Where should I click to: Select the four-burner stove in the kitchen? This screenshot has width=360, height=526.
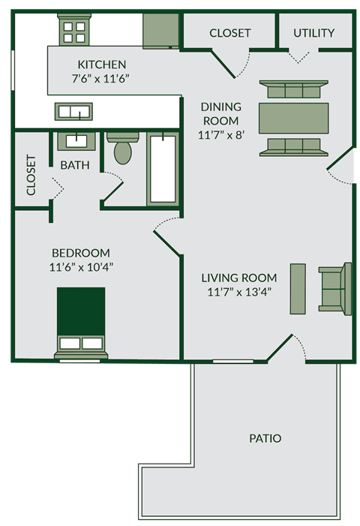(x=74, y=30)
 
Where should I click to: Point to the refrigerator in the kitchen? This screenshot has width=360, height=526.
(x=160, y=31)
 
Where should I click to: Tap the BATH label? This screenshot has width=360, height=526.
(x=74, y=164)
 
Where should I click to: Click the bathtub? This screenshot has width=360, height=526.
(x=163, y=168)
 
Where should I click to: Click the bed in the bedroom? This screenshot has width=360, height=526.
(x=80, y=321)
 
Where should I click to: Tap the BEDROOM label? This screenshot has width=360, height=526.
(x=80, y=253)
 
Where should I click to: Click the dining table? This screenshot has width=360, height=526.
(x=293, y=119)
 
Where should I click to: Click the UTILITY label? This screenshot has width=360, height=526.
(x=313, y=33)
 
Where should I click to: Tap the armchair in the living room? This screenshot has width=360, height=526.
(x=334, y=288)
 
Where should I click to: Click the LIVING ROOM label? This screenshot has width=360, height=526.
(x=238, y=278)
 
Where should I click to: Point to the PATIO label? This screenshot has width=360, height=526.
(x=265, y=437)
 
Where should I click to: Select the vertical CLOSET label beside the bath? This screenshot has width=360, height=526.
(x=31, y=175)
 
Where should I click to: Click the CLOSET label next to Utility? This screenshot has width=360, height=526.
(x=229, y=33)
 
